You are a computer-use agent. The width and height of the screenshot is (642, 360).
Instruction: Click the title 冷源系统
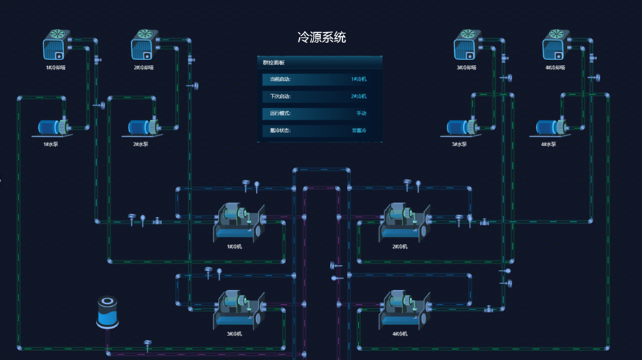(x=322, y=38)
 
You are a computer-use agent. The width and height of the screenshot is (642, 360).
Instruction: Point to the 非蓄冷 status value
(x=359, y=130)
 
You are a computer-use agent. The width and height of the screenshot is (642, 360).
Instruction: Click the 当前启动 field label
(x=280, y=79)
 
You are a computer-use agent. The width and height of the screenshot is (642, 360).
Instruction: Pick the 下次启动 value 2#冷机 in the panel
(x=359, y=96)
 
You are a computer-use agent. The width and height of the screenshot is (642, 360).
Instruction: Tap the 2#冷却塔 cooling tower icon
(x=144, y=46)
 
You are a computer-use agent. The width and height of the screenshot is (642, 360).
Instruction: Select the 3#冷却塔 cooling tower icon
(x=467, y=46)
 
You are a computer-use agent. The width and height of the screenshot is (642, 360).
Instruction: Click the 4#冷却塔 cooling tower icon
(x=556, y=46)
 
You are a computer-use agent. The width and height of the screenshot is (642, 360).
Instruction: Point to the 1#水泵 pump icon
(x=53, y=128)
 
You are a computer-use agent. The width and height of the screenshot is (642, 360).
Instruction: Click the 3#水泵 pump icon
(x=463, y=128)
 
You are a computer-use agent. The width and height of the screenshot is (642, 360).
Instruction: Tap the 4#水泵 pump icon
(x=552, y=128)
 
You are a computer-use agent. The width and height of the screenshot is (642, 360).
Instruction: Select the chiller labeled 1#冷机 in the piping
(x=237, y=222)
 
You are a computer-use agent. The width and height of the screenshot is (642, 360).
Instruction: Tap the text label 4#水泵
(x=550, y=144)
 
